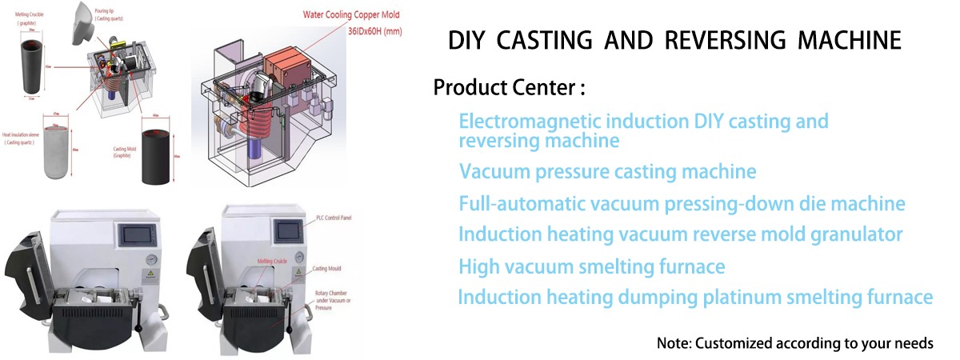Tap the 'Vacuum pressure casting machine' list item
pyautogui.click(x=607, y=171)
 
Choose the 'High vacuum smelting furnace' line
pyautogui.click(x=592, y=266)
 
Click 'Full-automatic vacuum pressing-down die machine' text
pyautogui.click(x=682, y=203)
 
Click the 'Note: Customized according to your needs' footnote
pyautogui.click(x=794, y=343)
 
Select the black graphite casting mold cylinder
pyautogui.click(x=155, y=154)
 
